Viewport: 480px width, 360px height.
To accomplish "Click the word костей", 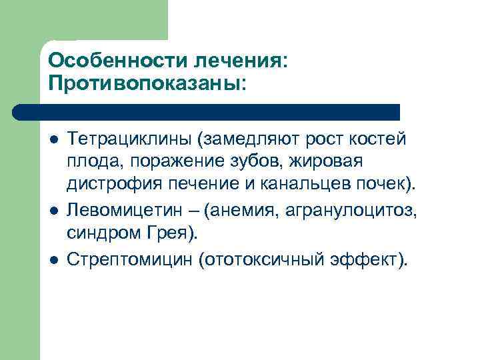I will coord(378,139).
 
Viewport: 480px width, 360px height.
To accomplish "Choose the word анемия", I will coord(243,211).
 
